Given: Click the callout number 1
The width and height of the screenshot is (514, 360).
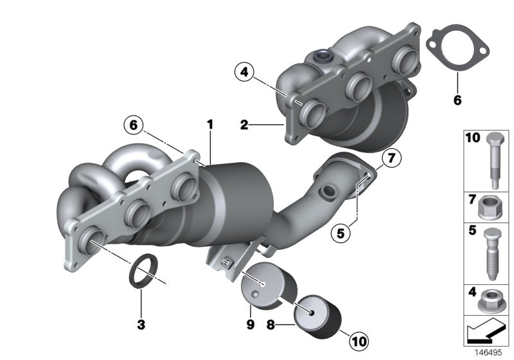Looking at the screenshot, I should click(x=208, y=122).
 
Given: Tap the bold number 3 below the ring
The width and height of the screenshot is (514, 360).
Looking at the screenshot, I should click(x=141, y=325).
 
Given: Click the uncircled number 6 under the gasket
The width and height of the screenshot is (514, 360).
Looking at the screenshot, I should click(x=457, y=100).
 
